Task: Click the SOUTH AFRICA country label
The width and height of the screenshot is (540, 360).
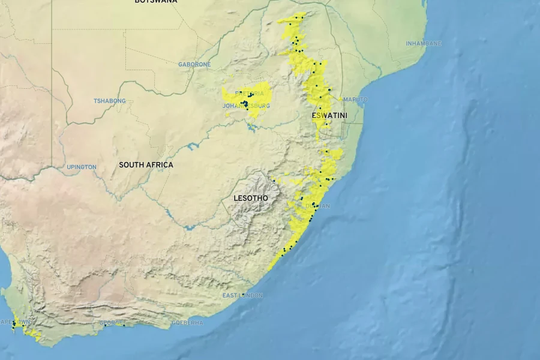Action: pos(146,165)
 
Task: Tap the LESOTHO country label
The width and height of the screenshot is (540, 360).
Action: pos(250,198)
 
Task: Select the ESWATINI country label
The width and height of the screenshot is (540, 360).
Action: pos(327,115)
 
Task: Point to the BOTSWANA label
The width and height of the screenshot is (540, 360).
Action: pos(156,2)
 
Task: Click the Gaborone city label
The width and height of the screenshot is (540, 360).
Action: pos(194,64)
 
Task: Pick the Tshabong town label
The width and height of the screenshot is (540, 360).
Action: pos(110,101)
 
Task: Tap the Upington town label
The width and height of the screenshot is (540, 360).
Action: pos(82,167)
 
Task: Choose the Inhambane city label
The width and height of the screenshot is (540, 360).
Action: pos(424,44)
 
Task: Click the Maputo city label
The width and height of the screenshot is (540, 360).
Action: pos(356,99)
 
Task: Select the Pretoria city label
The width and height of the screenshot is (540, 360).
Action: pos(249,94)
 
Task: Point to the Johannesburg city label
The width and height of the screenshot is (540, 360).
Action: pos(246,106)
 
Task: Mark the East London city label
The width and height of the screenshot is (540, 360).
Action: pos(242,295)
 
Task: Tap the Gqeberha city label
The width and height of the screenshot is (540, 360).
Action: pos(187,323)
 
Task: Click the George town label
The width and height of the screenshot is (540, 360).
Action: pos(111,323)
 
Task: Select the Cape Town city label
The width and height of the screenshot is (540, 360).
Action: pos(15,322)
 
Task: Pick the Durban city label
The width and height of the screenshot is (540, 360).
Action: pos(318,206)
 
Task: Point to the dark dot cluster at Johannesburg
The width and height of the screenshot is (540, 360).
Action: pos(245,104)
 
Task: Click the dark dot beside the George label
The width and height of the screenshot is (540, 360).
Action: pos(124,325)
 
